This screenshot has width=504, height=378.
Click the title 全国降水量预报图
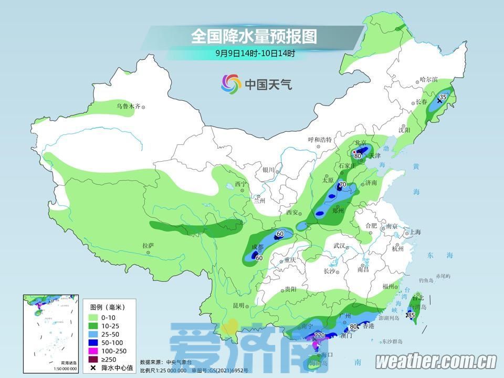pos(254,36)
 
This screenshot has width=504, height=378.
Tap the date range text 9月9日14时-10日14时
pos(255,53)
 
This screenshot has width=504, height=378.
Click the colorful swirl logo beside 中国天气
pos(231,83)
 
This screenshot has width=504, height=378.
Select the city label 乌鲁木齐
pos(129,107)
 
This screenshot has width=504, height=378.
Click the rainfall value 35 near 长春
pos(443,97)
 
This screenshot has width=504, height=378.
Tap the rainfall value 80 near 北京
pos(358,156)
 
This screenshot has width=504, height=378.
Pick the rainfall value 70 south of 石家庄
pos(342,185)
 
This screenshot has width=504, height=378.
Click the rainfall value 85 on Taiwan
pos(411,315)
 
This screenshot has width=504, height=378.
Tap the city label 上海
pos(415,232)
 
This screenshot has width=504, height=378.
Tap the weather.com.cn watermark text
pos(436,361)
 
